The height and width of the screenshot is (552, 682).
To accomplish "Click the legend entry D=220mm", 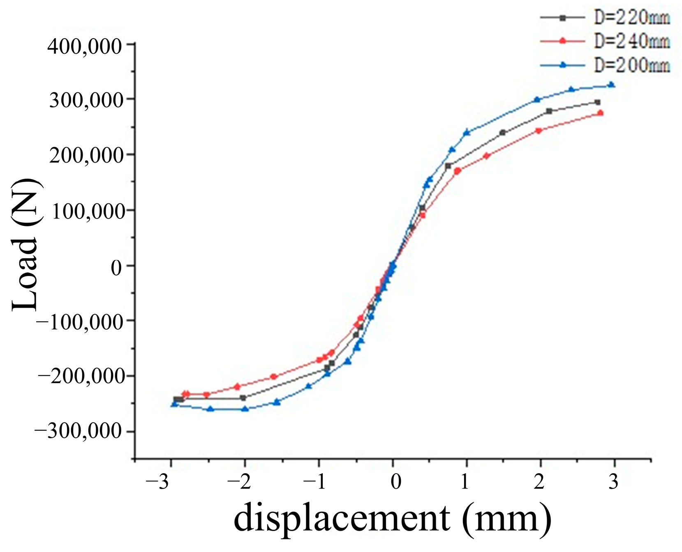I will point(631,18).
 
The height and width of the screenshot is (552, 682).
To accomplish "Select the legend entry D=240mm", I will point(631,41).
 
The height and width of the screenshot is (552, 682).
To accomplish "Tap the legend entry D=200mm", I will point(631,65).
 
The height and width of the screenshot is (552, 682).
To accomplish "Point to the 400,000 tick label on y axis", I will point(85,46).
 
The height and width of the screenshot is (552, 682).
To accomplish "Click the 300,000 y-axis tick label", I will point(86,101).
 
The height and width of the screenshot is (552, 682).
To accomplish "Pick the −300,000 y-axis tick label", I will point(79,432).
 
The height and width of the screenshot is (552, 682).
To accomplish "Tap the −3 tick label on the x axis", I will point(157,482).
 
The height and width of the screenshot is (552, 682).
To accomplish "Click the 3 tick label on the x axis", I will point(613,482).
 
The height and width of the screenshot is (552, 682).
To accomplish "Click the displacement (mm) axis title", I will point(392,518).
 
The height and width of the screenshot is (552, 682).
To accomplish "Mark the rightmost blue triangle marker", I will point(611,85).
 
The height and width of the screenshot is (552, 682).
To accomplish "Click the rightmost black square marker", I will point(598,102).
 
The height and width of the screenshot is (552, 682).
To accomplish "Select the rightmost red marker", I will point(600,113).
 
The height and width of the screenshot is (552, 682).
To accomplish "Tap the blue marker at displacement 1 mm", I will point(467,132).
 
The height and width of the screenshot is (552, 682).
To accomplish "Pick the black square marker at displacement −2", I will point(243,398).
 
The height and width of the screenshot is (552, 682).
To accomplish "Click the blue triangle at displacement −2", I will point(245,409).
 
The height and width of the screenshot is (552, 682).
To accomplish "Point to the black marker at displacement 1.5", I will point(502,133).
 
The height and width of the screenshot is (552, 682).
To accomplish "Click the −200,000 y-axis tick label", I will point(79,376).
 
